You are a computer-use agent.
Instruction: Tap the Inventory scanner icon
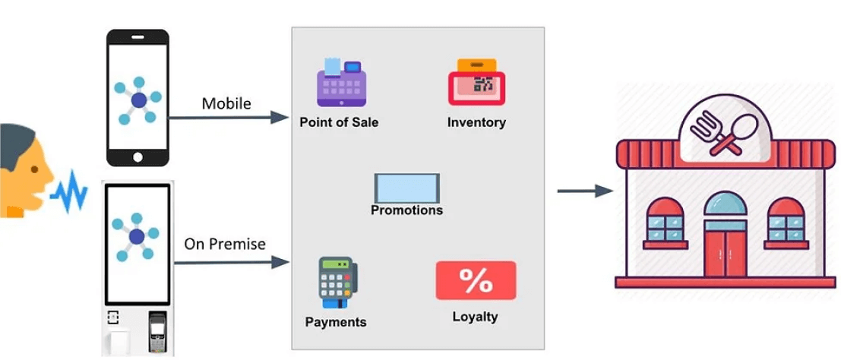click(x=476, y=82)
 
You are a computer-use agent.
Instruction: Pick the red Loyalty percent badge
click(x=476, y=280)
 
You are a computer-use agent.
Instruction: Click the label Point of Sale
click(x=339, y=122)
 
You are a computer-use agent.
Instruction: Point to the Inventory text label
click(x=476, y=122)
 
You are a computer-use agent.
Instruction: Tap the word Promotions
click(x=406, y=210)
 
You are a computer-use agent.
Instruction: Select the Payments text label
click(x=336, y=322)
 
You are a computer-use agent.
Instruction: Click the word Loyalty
click(x=476, y=317)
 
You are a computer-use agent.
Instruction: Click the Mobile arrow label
click(x=226, y=103)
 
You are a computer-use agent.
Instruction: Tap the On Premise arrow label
click(x=225, y=245)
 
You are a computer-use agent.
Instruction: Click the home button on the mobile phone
click(x=138, y=156)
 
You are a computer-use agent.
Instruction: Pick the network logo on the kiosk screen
click(x=137, y=237)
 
